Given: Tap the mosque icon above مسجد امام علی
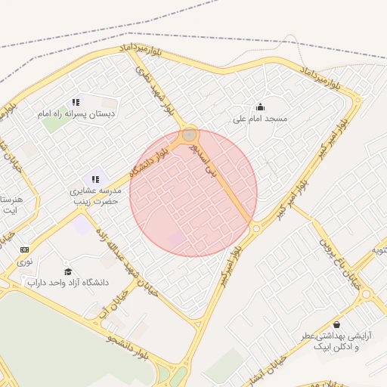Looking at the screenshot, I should (261, 107).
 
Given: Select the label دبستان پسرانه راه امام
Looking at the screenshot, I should (76, 114).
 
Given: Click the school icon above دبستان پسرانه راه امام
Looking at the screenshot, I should (76, 102).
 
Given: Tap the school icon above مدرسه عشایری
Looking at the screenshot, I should (95, 179).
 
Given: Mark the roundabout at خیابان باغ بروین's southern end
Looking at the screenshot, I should (367, 293).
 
